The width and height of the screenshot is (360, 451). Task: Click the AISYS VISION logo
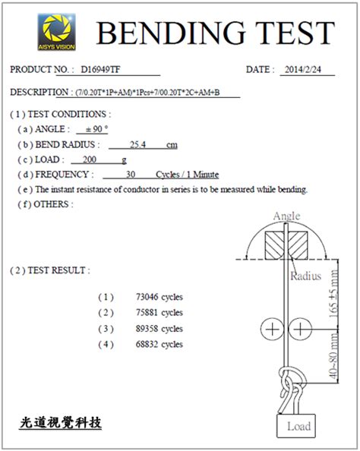[x=57, y=32]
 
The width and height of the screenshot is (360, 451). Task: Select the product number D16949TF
[x=100, y=70]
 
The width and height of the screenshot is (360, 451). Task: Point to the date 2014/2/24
[x=303, y=69]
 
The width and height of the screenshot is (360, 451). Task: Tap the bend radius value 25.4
[x=137, y=144]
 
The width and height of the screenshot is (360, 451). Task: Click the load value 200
[x=90, y=159]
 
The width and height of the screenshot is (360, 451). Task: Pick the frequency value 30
[x=131, y=175]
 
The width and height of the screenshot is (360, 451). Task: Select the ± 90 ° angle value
[x=97, y=129]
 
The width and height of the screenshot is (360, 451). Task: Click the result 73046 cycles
[x=159, y=297]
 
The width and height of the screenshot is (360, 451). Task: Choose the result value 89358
[x=147, y=329]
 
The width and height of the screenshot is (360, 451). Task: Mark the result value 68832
[x=147, y=344]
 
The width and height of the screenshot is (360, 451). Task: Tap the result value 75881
[x=147, y=312]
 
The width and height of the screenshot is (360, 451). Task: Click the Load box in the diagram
[x=296, y=426]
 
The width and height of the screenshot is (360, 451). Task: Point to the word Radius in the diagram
[x=305, y=276]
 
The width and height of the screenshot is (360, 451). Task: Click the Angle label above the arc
[x=286, y=216]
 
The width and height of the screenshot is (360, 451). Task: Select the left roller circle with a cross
[x=272, y=329]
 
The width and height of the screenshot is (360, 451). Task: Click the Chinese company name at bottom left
[x=61, y=423]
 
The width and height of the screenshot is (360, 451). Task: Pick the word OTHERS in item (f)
[x=51, y=204]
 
